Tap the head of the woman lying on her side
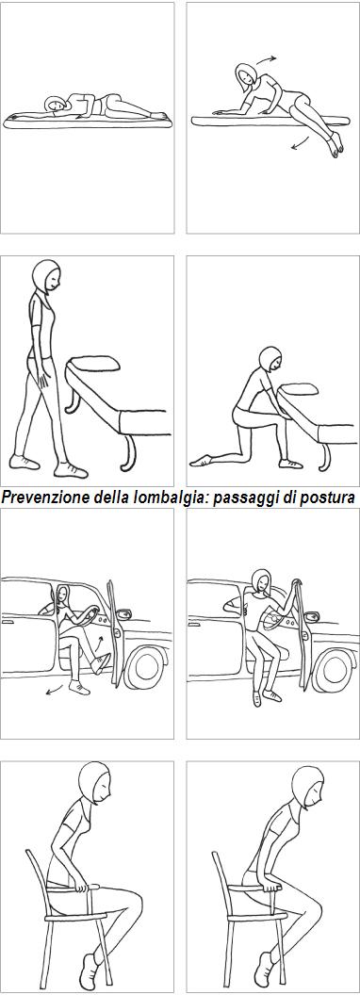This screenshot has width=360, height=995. (x=55, y=106)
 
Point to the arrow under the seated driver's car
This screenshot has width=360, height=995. (x=56, y=694)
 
